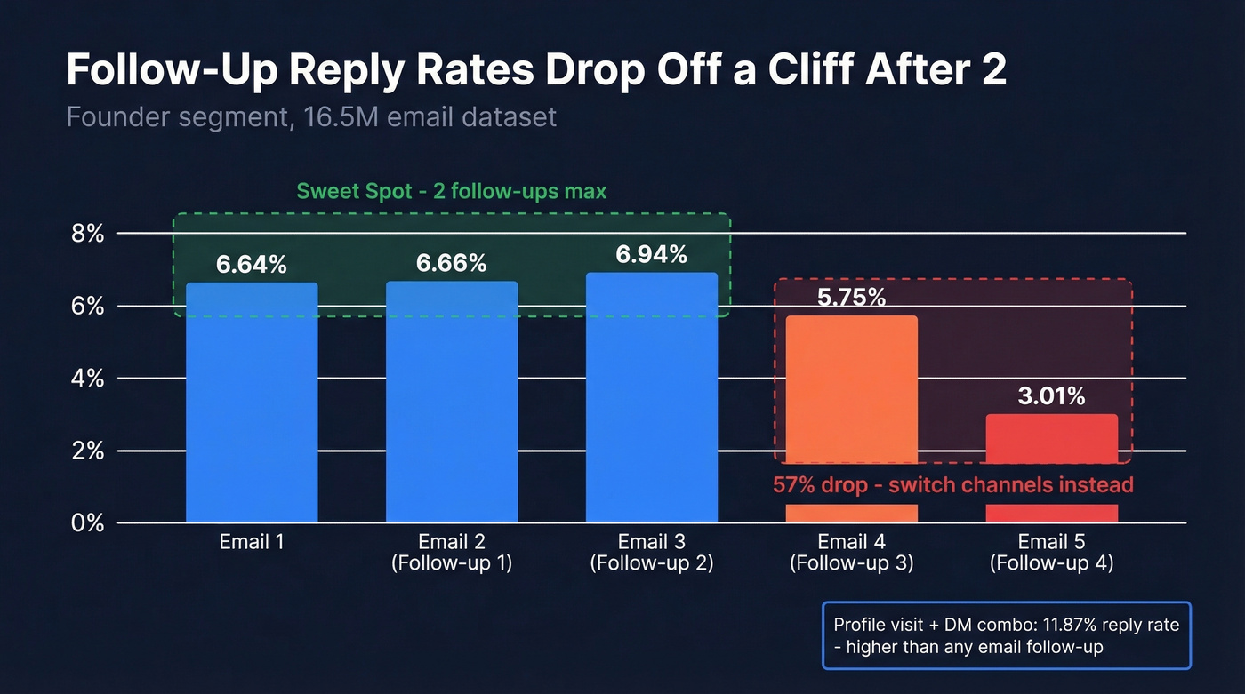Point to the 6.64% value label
252,264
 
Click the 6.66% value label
452,263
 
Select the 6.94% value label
652,255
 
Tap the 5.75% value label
851,298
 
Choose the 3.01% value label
1051,396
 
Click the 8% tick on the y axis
88,234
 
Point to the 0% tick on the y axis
88,523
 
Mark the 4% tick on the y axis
88,379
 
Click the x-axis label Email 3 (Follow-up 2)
652,552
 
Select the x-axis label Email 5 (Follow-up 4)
1051,552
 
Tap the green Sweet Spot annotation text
452,192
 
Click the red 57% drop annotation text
953,485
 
